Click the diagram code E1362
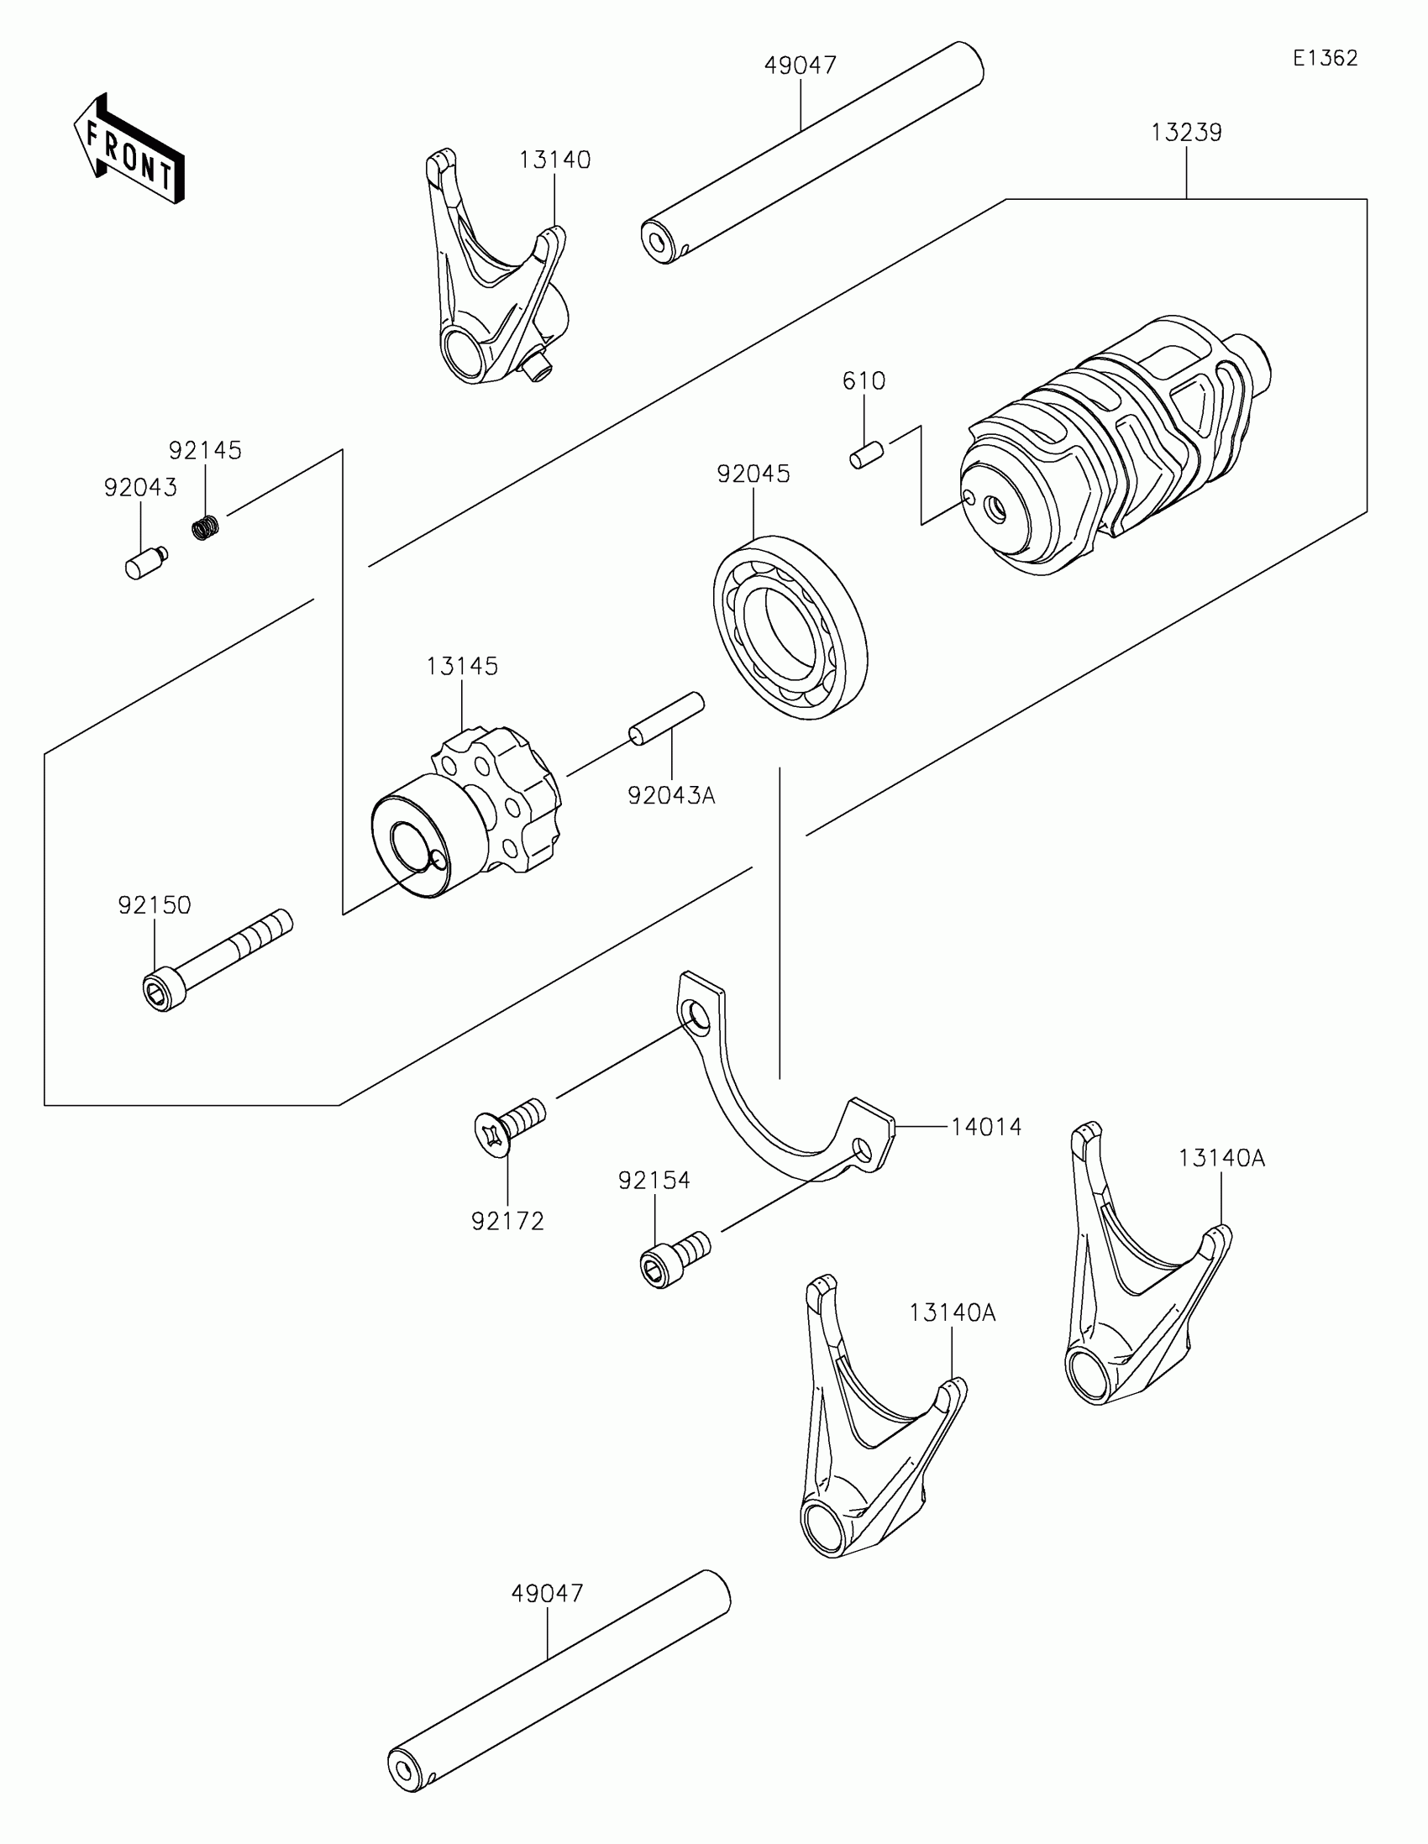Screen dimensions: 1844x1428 tap(1325, 58)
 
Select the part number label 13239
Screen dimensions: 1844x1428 tap(1185, 133)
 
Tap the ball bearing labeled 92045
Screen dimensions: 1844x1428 tap(790, 627)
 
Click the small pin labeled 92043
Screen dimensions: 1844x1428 tap(145, 563)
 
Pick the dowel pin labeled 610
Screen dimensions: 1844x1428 tap(866, 454)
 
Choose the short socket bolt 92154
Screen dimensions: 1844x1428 tap(674, 1258)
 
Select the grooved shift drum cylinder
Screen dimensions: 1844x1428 tap(1115, 448)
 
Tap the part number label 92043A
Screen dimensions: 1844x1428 tap(671, 795)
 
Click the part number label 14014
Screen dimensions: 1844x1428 tap(986, 1126)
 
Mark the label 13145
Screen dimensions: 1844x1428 tap(462, 666)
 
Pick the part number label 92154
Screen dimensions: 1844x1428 tap(654, 1181)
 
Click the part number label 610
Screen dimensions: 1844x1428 tap(864, 380)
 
